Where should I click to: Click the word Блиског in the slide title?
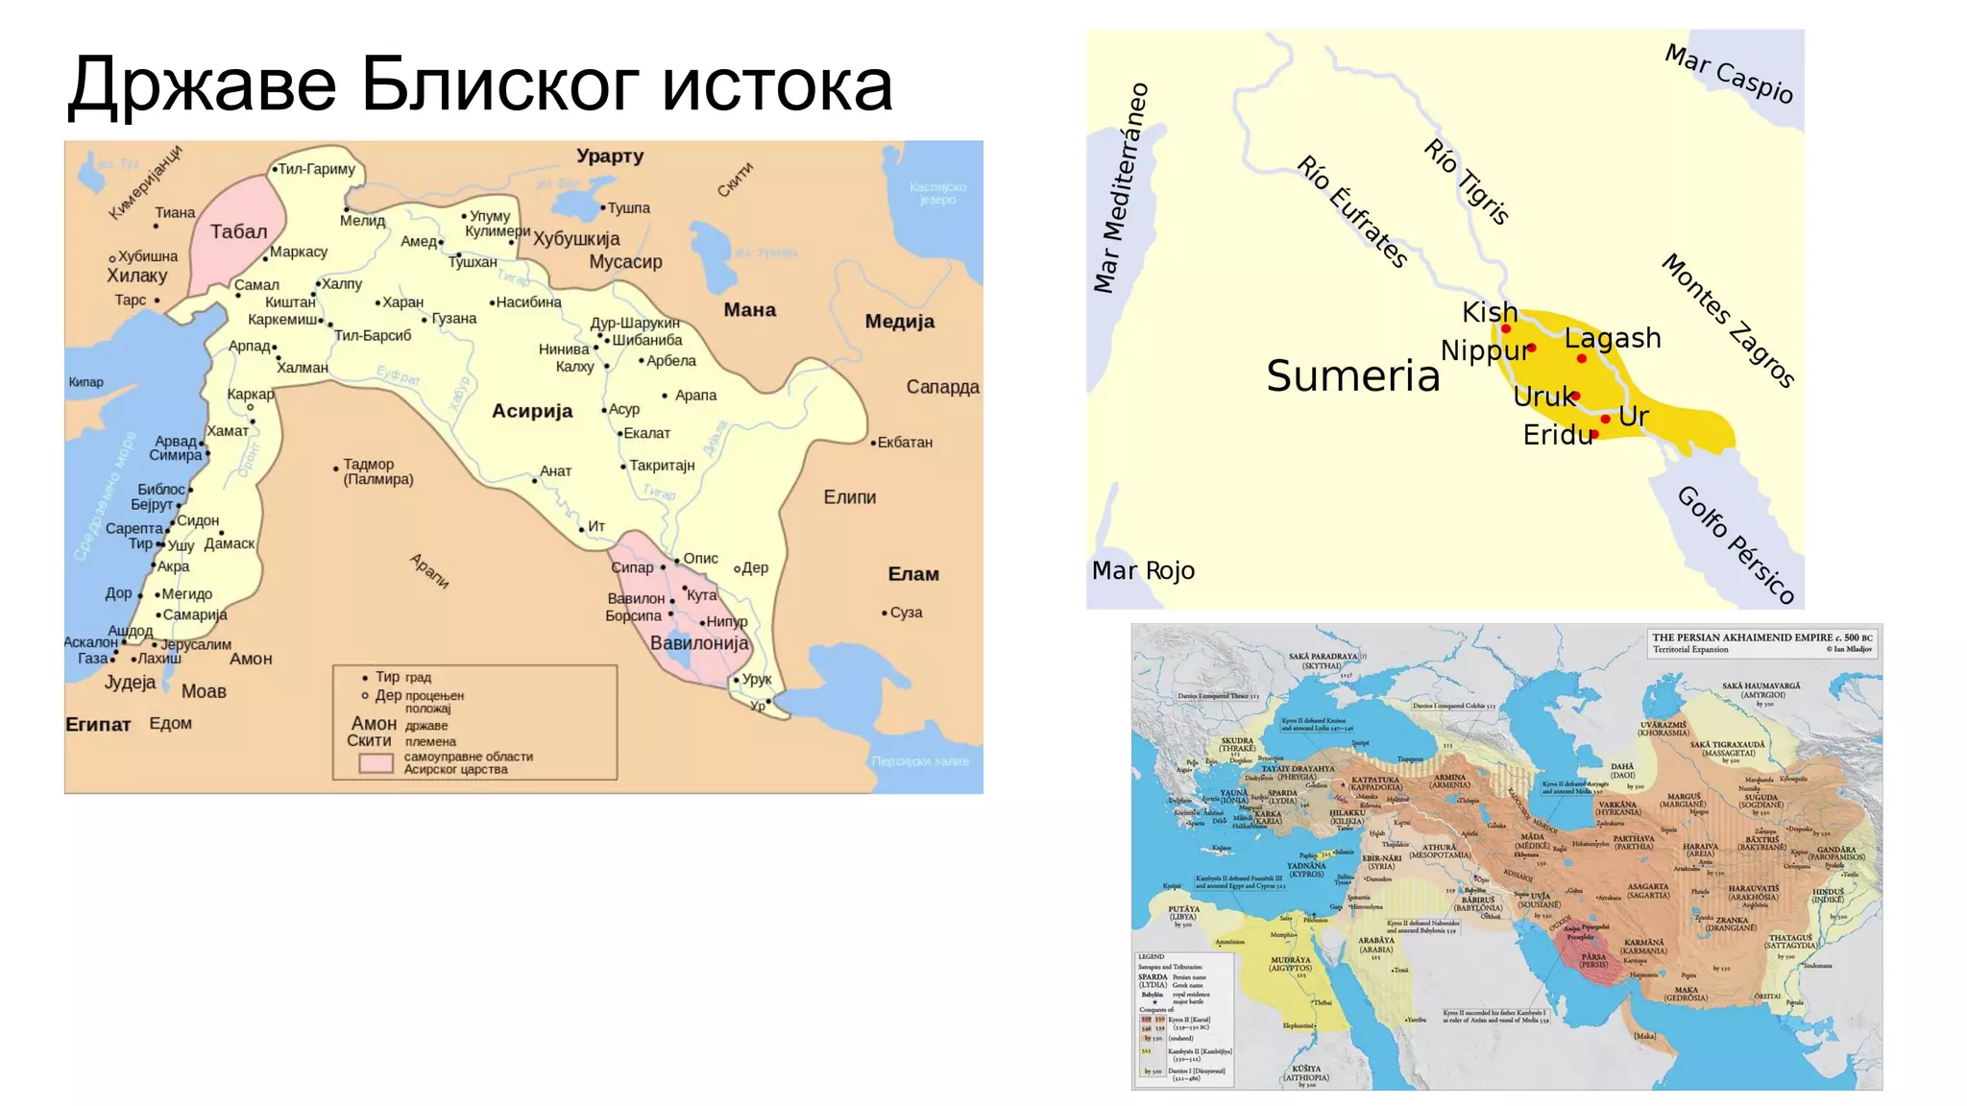(499, 84)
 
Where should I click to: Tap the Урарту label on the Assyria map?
(610, 156)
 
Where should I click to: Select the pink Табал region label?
(239, 231)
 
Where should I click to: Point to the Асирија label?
(532, 411)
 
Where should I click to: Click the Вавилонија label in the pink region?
(699, 643)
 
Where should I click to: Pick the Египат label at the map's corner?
(98, 724)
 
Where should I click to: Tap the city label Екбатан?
(905, 443)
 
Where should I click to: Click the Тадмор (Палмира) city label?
(377, 471)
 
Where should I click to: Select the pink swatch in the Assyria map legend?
(376, 763)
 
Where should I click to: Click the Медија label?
(899, 322)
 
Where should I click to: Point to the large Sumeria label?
(1352, 375)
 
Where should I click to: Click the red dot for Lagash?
(1582, 358)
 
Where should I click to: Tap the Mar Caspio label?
(1729, 74)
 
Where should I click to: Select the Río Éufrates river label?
(1352, 211)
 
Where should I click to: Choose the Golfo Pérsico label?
(1736, 544)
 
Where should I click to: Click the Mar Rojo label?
(1143, 570)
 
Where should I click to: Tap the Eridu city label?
(1557, 435)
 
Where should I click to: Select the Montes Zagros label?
(1728, 321)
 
